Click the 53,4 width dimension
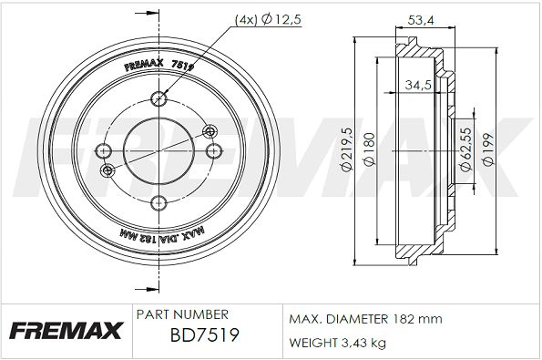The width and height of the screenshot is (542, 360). pyautogui.click(x=420, y=20)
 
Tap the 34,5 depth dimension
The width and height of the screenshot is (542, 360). pyautogui.click(x=418, y=85)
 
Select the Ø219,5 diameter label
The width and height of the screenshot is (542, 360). pyautogui.click(x=347, y=149)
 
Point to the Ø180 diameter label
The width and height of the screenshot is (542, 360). pyautogui.click(x=369, y=149)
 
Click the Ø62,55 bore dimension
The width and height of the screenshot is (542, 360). pyautogui.click(x=466, y=149)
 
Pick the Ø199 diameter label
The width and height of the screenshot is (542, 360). pyautogui.click(x=488, y=149)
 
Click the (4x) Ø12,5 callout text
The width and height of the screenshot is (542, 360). pyautogui.click(x=268, y=19)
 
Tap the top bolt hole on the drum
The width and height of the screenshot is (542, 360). pyautogui.click(x=159, y=99)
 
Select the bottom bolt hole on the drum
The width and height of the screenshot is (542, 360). pyautogui.click(x=159, y=202)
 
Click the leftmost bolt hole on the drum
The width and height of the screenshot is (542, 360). pyautogui.click(x=103, y=150)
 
